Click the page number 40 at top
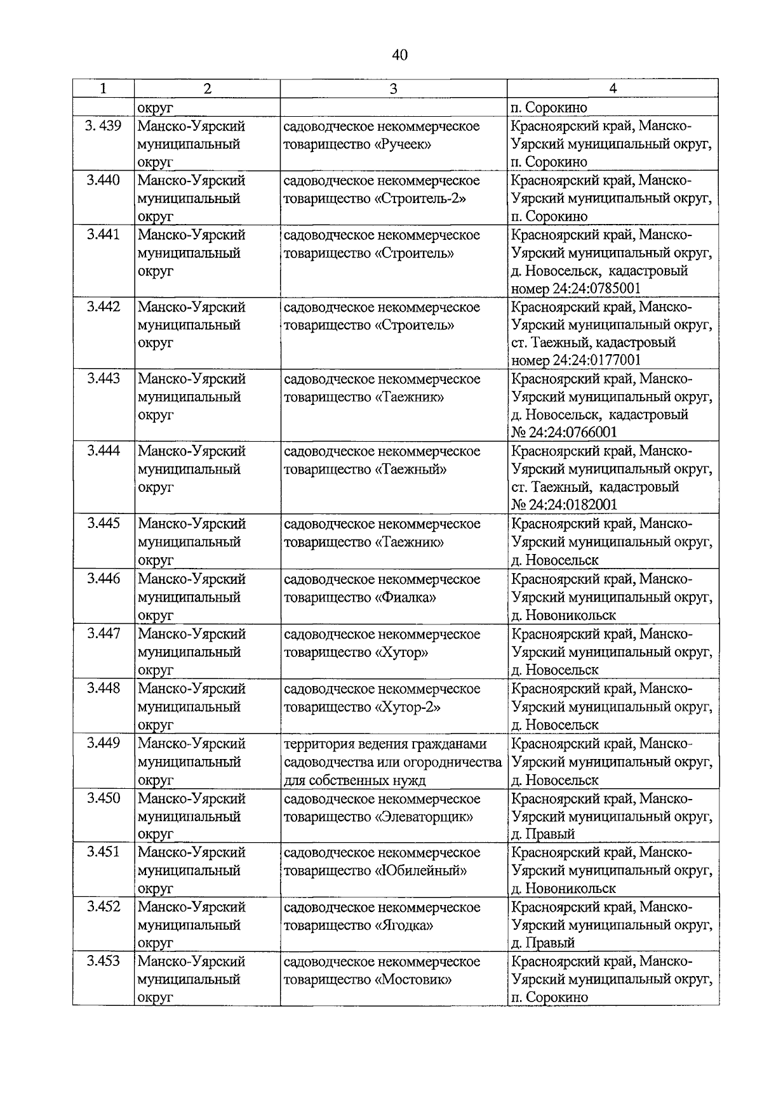pyautogui.click(x=399, y=55)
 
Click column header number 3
pyautogui.click(x=393, y=89)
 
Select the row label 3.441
pyautogui.click(x=104, y=235)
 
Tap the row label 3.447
pyautogui.click(x=104, y=633)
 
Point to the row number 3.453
pyautogui.click(x=104, y=961)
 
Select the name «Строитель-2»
pyautogui.click(x=420, y=199)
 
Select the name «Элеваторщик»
pyautogui.click(x=424, y=817)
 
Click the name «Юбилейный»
pyautogui.click(x=421, y=871)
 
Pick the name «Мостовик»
pyautogui.click(x=413, y=979)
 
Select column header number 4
pyautogui.click(x=612, y=89)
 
